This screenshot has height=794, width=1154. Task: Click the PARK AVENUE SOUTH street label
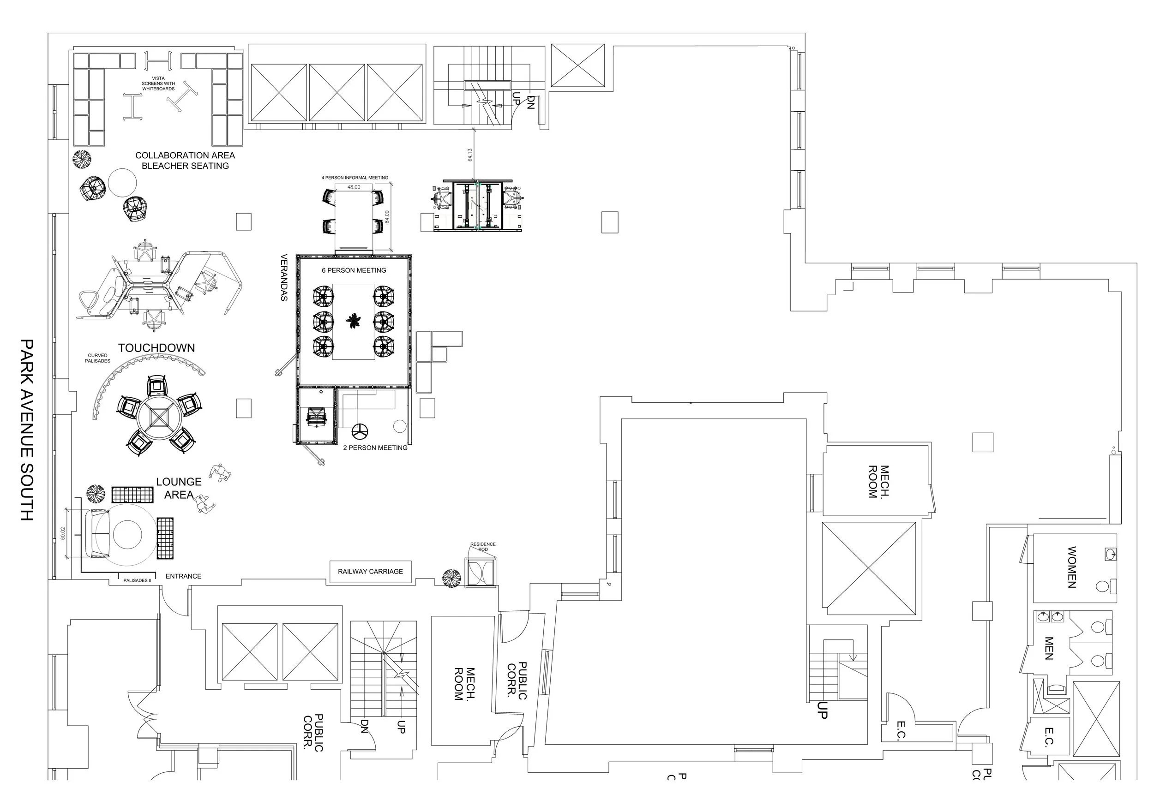[27, 430]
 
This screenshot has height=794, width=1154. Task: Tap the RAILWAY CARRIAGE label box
[370, 572]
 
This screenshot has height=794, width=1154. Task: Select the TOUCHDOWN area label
[156, 348]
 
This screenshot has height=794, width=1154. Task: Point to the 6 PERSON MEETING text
[354, 270]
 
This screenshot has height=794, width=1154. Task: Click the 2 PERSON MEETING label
[375, 448]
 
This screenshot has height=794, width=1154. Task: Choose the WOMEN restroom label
[1072, 567]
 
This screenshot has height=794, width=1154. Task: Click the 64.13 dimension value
[470, 155]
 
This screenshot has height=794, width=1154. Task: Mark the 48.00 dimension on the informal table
[354, 187]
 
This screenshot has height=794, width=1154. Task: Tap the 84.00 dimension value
[387, 217]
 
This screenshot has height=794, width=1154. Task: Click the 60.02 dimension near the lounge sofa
[63, 533]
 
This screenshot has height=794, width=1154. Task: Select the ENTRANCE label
[183, 576]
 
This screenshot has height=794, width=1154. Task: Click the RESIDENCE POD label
[483, 547]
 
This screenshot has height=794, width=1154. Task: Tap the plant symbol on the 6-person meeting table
[354, 321]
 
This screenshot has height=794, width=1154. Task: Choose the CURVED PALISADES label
[97, 358]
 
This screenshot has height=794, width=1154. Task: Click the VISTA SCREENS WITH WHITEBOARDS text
[158, 84]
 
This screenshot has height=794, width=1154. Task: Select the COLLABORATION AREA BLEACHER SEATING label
[185, 161]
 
